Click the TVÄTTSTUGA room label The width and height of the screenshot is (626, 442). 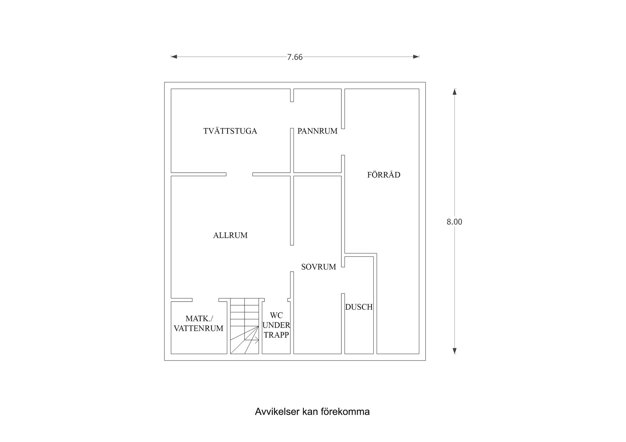tap(230, 131)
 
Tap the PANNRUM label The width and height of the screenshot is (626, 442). tap(317, 131)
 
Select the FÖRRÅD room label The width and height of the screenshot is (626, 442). tap(384, 175)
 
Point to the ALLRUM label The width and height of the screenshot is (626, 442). tap(230, 235)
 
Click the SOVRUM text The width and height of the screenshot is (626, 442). tap(319, 267)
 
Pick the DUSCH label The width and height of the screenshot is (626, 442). tap(359, 307)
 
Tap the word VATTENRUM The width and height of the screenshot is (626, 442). tap(199, 328)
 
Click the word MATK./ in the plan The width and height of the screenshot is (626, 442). tap(199, 319)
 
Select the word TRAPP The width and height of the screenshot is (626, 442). tap(276, 335)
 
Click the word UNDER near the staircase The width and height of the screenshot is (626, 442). tap(276, 325)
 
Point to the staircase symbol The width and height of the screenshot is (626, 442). tap(245, 326)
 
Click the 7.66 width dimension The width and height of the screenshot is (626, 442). tap(295, 57)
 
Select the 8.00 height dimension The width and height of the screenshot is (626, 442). tap(454, 222)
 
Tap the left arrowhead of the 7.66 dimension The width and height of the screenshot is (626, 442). tap(174, 57)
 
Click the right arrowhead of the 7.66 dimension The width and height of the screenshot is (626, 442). tap(416, 57)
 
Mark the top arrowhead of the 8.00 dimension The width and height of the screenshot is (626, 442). tap(455, 92)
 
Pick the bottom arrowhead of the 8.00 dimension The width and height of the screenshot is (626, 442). tap(455, 351)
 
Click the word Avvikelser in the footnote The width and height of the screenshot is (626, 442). tap(277, 412)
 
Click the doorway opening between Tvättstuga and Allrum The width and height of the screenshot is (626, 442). tap(239, 174)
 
